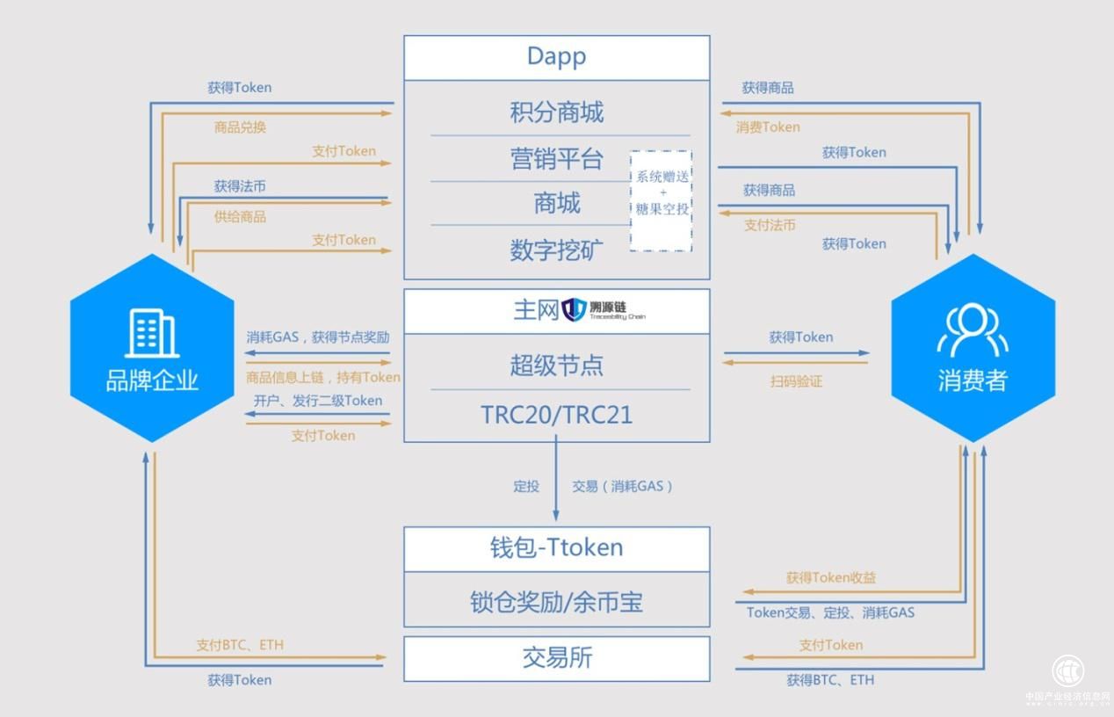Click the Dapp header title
point(556,56)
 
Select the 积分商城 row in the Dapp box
point(556,112)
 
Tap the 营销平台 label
point(556,159)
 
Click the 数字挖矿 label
point(556,250)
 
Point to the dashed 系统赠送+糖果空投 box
point(662,200)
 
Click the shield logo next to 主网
point(574,309)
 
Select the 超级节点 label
point(556,365)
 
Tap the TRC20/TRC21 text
point(556,415)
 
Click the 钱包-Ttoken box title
point(556,547)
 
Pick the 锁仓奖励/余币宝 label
point(556,602)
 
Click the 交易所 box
point(556,658)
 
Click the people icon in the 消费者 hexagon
point(973,331)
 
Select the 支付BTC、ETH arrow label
point(240,645)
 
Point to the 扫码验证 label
point(797,381)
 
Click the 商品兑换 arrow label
point(240,127)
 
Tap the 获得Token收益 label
point(830,578)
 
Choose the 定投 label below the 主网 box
point(526,486)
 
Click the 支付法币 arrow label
point(770,225)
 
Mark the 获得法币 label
point(240,186)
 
